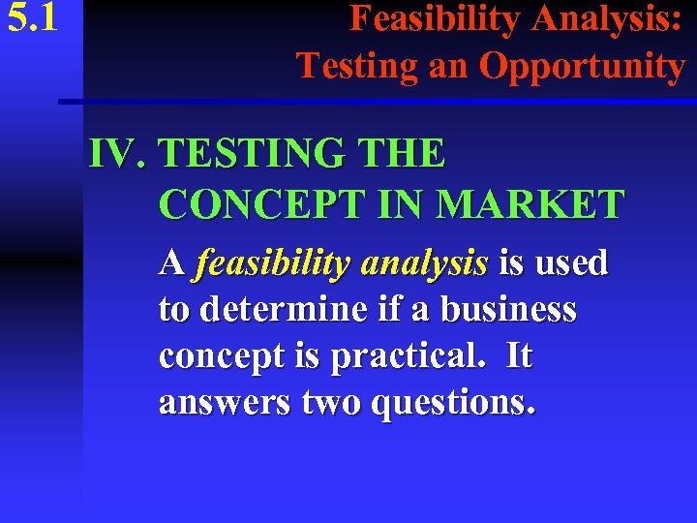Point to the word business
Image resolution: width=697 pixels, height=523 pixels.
point(508,310)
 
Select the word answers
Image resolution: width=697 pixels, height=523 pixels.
point(224,403)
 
